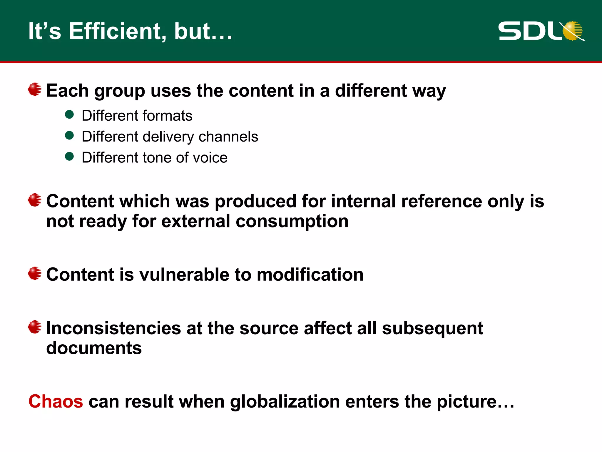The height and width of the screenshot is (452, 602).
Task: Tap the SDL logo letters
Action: pyautogui.click(x=529, y=31)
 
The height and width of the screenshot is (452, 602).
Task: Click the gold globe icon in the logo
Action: pyautogui.click(x=573, y=31)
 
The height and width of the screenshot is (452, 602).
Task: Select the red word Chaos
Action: pyautogui.click(x=56, y=401)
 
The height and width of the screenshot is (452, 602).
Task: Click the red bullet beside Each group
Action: pyautogui.click(x=35, y=89)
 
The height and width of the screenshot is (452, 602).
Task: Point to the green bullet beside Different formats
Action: pyautogui.click(x=69, y=114)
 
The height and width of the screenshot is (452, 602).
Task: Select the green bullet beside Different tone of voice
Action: pyautogui.click(x=69, y=157)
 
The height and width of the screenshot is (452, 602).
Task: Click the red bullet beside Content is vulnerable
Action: pyautogui.click(x=35, y=273)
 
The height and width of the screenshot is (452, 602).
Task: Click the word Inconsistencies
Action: pyautogui.click(x=113, y=328)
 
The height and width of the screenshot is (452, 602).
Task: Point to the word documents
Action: pyautogui.click(x=94, y=348)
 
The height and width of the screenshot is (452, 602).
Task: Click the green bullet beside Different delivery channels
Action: pyautogui.click(x=69, y=135)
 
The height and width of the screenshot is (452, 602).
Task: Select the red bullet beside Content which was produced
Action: pyautogui.click(x=35, y=200)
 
